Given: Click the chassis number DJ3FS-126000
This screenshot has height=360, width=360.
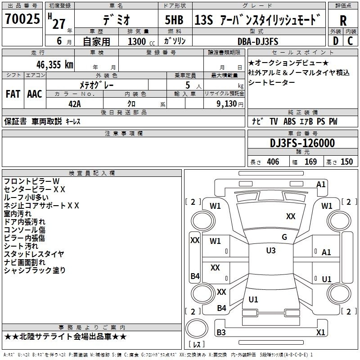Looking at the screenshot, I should pos(302,144).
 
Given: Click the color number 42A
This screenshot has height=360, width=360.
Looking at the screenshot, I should pos(74,103).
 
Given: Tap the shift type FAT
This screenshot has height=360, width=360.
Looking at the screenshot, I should pos(13,94).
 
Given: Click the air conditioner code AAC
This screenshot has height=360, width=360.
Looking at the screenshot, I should pos(35,94).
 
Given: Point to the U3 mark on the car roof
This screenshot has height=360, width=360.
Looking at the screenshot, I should pos(270,251).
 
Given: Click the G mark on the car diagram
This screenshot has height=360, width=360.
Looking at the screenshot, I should pos(284,237).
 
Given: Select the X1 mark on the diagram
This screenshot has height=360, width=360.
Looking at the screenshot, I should pos(321,333).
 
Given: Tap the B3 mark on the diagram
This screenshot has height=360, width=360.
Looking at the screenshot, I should pos(221,333).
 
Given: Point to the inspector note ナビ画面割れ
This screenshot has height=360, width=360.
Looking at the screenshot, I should pos(24,262).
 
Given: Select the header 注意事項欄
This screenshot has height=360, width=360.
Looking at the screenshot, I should pos(123,134).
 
